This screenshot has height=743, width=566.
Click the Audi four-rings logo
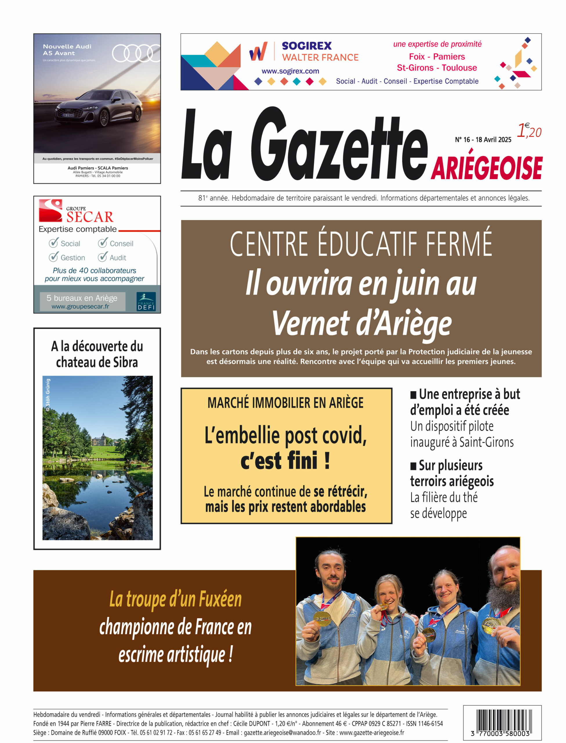tap(135, 53)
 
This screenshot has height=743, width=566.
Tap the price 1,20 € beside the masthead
tap(529, 131)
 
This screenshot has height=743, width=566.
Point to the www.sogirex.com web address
tap(290, 71)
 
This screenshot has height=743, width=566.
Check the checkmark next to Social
tap(53, 243)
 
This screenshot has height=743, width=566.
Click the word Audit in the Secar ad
tap(117, 258)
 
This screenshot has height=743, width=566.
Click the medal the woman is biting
tap(384, 607)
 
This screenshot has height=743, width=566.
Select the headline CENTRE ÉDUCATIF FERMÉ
tap(361, 244)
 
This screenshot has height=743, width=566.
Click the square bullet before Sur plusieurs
tap(413, 466)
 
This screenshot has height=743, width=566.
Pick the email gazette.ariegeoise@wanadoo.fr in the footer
tap(282, 733)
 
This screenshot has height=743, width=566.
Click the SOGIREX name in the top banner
tap(307, 46)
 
